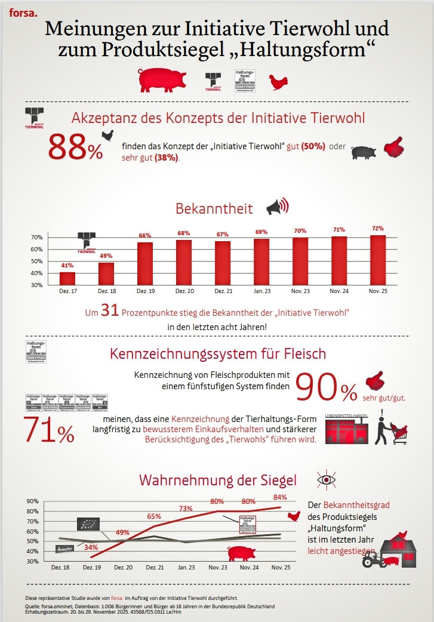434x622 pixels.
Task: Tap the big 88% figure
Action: coord(75,147)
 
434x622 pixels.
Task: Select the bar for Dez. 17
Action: coord(67,278)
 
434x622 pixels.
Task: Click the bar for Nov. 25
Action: coord(377,260)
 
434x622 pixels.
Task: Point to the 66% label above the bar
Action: coord(145,235)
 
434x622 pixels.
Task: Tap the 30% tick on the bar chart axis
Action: coord(36,285)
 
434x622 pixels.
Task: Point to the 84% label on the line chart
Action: coord(280,497)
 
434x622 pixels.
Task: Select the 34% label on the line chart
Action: coord(91,547)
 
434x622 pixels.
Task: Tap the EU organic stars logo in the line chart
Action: coord(88,525)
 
